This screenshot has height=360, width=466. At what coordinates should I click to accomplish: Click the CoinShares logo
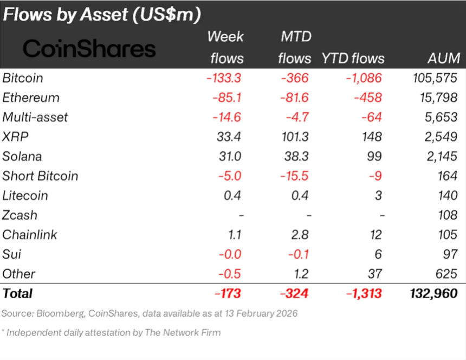tap(89, 49)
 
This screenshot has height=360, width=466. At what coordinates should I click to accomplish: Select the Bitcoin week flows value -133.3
tap(223, 78)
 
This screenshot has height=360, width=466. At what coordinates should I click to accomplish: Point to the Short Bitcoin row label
tap(40, 176)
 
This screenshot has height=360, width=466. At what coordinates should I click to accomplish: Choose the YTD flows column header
tap(353, 59)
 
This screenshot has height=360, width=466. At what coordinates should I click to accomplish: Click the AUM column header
tap(443, 59)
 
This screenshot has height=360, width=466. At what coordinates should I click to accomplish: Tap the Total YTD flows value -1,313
tap(364, 293)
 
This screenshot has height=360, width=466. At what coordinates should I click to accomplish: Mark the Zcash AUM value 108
tap(448, 215)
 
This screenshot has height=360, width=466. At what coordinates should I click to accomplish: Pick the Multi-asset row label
tap(35, 117)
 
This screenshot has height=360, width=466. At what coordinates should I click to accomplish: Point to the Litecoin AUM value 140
tap(448, 196)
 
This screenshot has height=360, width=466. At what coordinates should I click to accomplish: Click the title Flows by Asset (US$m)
tap(102, 14)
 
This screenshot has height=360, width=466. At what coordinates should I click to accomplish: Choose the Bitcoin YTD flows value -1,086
tap(364, 78)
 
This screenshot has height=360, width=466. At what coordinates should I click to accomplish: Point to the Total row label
tap(18, 293)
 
